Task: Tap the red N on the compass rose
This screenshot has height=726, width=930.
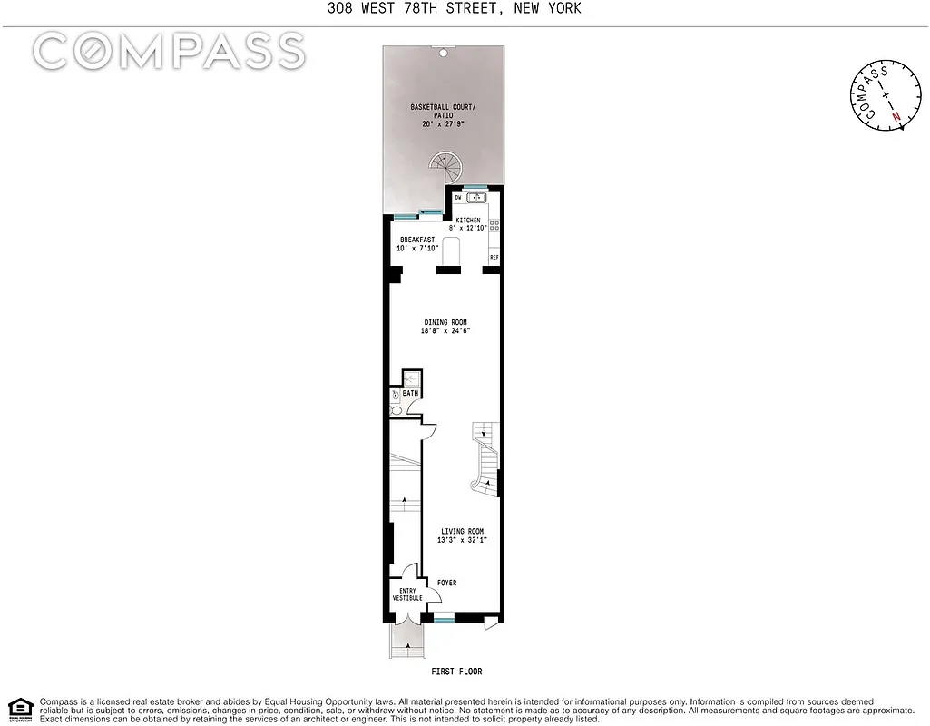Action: [896, 117]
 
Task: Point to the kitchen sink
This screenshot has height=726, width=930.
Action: [478, 197]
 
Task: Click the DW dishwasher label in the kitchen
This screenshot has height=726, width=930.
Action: [458, 197]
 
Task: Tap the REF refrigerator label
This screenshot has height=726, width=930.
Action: [494, 258]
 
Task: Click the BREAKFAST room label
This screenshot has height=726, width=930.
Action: [417, 240]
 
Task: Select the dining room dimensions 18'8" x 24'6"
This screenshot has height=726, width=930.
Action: [446, 331]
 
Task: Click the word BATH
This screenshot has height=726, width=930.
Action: [411, 394]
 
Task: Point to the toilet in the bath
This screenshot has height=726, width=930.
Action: [396, 411]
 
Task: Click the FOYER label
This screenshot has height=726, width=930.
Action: [446, 583]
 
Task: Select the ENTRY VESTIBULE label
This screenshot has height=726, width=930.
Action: [406, 594]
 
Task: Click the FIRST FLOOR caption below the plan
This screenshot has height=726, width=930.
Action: [456, 672]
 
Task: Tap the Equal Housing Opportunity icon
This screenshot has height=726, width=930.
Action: [20, 709]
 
